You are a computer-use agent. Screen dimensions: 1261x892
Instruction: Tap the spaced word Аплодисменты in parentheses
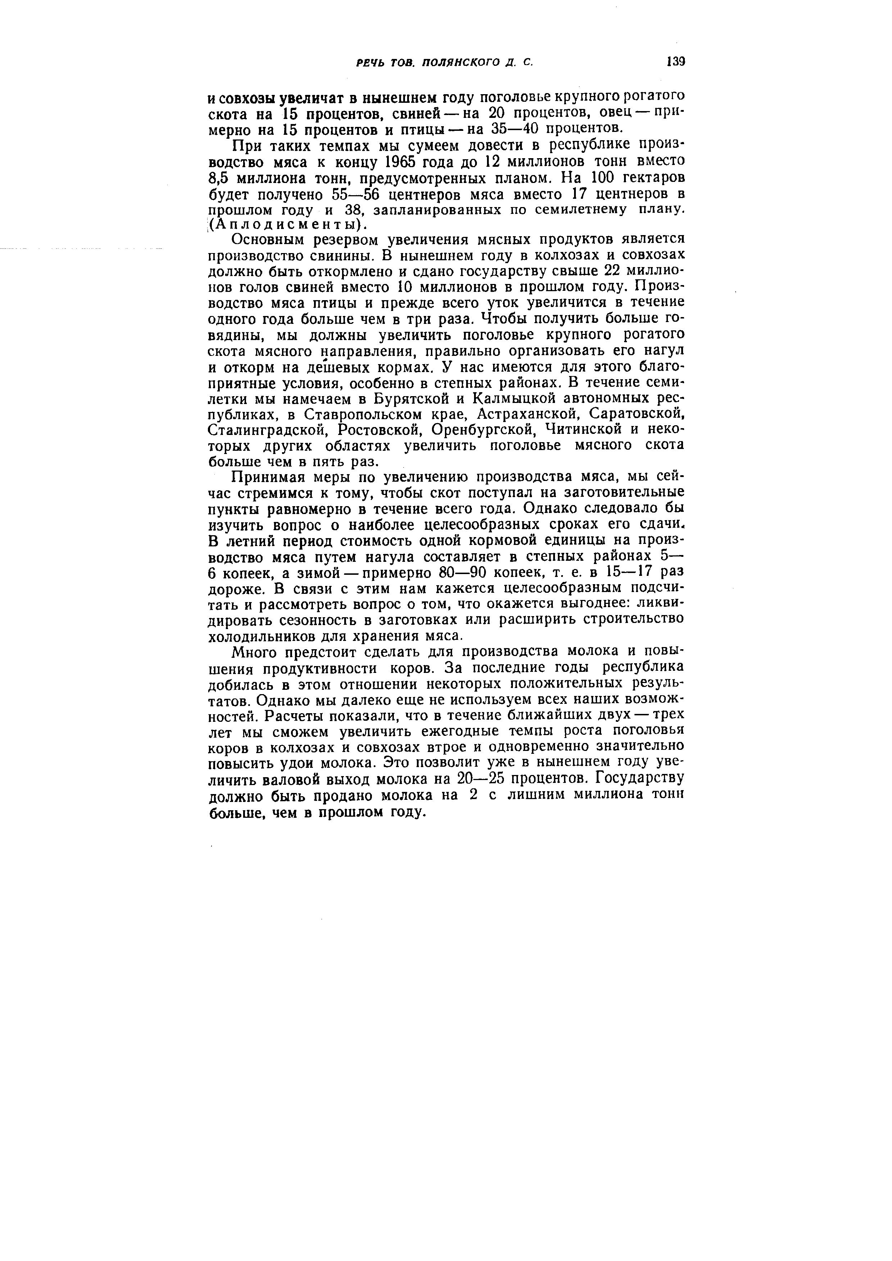pos(286,225)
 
